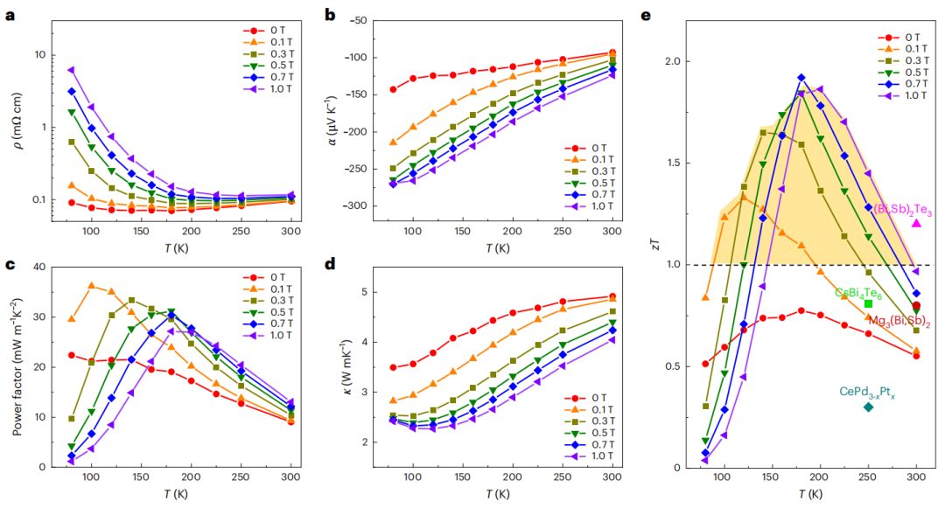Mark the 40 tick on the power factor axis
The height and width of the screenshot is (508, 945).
[x=51, y=268]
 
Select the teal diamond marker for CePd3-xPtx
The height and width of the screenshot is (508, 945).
[x=868, y=407]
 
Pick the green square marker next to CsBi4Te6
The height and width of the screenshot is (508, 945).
[x=868, y=303]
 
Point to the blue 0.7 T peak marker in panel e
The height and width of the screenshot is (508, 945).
[x=801, y=78]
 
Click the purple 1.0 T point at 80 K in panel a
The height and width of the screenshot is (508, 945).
[x=72, y=70]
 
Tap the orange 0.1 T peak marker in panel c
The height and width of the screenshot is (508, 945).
[x=91, y=286]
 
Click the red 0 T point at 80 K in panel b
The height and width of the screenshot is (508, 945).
[x=393, y=89]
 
